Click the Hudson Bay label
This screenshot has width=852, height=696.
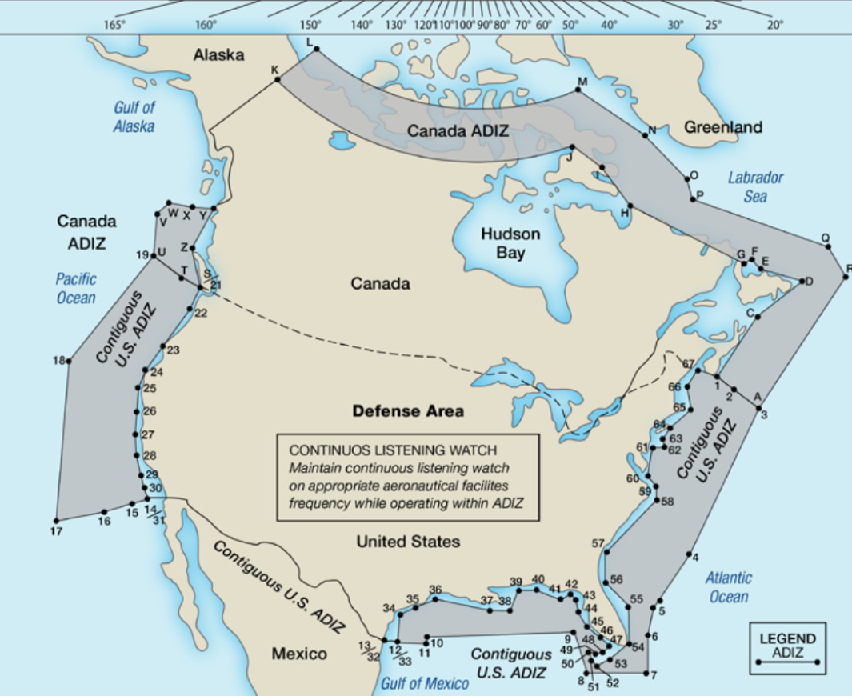click(x=510, y=243)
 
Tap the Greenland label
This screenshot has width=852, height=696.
click(x=723, y=127)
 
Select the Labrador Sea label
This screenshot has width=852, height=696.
click(x=755, y=186)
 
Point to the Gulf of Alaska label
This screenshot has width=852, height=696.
click(x=134, y=117)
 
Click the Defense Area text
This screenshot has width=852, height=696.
click(x=408, y=411)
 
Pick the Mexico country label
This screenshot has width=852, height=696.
click(x=299, y=654)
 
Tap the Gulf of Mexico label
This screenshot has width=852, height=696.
click(x=424, y=683)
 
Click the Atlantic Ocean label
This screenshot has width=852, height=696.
click(x=728, y=587)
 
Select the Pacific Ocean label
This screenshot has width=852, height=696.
click(x=76, y=288)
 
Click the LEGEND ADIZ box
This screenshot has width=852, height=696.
click(x=787, y=647)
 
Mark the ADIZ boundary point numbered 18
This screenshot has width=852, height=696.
click(x=69, y=362)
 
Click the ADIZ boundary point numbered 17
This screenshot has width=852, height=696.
click(x=57, y=519)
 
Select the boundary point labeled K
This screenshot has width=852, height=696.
click(x=278, y=79)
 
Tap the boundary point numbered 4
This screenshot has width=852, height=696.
click(x=688, y=554)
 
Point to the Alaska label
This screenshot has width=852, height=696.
click(x=218, y=55)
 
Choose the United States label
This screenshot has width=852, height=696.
click(x=408, y=542)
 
